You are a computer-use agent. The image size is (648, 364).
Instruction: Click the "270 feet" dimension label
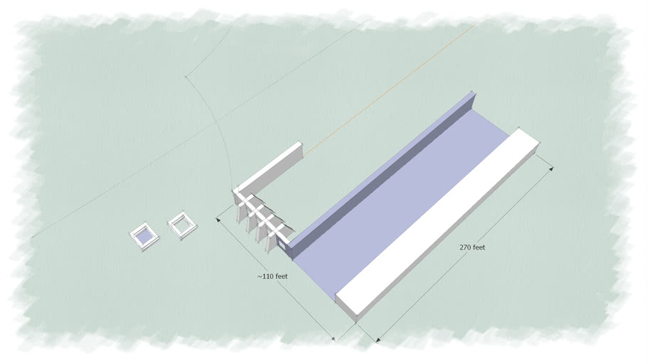tap(472, 247)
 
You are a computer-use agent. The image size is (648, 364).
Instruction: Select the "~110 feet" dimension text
tap(272, 276)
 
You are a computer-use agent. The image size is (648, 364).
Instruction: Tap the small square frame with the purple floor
tap(145, 237)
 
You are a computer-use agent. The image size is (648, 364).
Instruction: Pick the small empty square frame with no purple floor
tap(182, 225)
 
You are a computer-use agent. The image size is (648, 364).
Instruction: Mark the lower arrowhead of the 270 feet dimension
tap(377, 339)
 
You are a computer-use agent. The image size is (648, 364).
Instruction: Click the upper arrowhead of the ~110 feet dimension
tap(219, 220)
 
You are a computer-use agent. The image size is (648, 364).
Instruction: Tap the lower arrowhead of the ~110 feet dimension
tap(333, 338)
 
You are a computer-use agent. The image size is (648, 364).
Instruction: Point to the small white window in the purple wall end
tap(281, 245)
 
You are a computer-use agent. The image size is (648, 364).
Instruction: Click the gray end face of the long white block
tap(346, 307)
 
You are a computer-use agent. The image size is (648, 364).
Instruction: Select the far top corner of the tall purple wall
tap(472, 92)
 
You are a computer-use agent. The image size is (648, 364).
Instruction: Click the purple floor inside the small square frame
tap(145, 237)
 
